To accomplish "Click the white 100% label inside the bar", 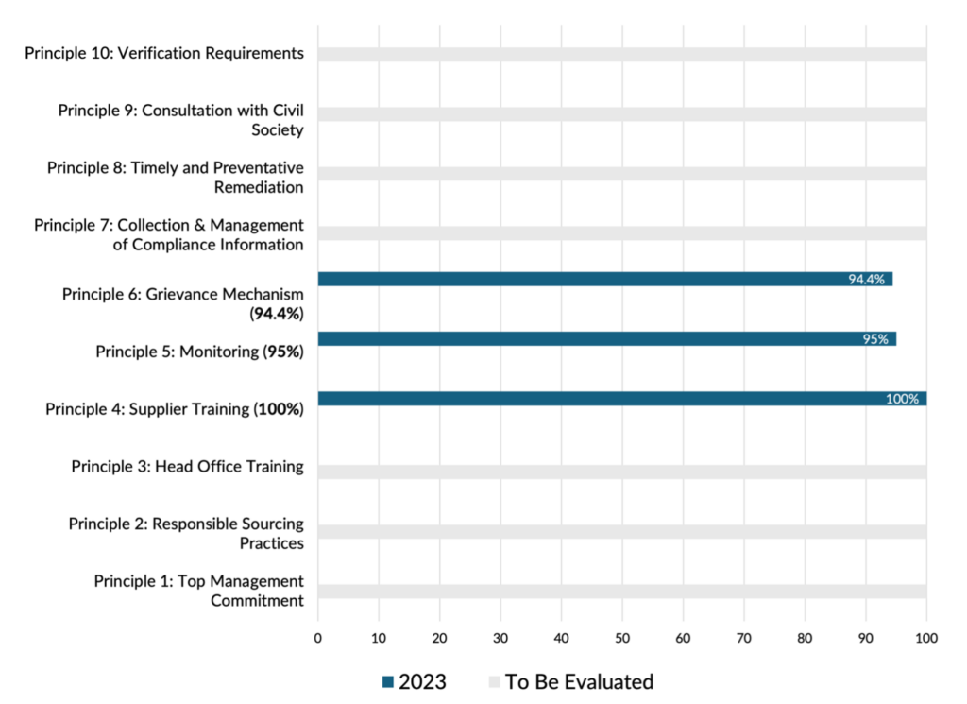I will click(x=902, y=399).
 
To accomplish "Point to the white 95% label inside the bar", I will click(x=875, y=338).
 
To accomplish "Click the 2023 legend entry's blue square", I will click(x=388, y=681).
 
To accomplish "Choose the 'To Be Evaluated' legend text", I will click(x=579, y=681).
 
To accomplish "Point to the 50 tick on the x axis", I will click(x=621, y=639).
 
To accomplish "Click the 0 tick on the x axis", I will click(x=318, y=639).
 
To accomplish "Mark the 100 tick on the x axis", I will click(x=925, y=639).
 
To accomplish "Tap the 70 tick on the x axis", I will click(x=743, y=639).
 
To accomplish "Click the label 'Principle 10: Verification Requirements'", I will click(x=164, y=53).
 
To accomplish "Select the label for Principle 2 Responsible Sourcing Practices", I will click(x=186, y=533).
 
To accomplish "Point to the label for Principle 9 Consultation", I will click(x=180, y=120).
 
